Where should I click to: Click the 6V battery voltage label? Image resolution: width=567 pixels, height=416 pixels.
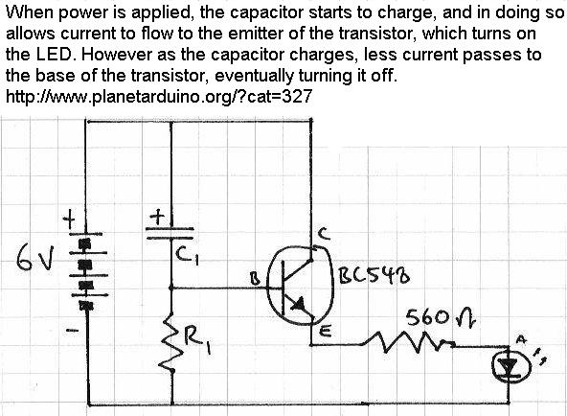(35, 257)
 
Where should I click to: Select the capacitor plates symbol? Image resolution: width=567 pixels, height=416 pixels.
(170, 233)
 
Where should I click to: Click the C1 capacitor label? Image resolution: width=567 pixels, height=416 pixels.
(188, 257)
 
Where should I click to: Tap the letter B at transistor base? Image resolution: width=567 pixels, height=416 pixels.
(256, 279)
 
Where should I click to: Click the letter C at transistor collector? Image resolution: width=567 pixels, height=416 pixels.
(324, 234)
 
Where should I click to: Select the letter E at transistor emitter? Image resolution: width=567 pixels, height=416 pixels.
(327, 331)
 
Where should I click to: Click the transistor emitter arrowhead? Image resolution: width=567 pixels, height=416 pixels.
(299, 305)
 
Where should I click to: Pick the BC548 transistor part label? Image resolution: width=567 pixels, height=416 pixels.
(374, 277)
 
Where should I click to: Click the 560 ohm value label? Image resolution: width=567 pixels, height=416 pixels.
(441, 317)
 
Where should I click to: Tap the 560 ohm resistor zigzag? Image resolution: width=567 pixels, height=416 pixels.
(409, 343)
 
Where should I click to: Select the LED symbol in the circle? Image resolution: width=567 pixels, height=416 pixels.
(510, 366)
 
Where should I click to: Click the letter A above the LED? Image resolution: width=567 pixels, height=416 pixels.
(521, 339)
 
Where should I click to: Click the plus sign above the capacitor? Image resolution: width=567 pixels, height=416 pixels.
(157, 218)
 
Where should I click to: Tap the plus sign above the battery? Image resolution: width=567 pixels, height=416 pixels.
(69, 220)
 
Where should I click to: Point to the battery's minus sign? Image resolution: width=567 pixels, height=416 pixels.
(73, 330)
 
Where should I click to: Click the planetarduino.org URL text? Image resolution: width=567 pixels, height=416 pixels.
(159, 96)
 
